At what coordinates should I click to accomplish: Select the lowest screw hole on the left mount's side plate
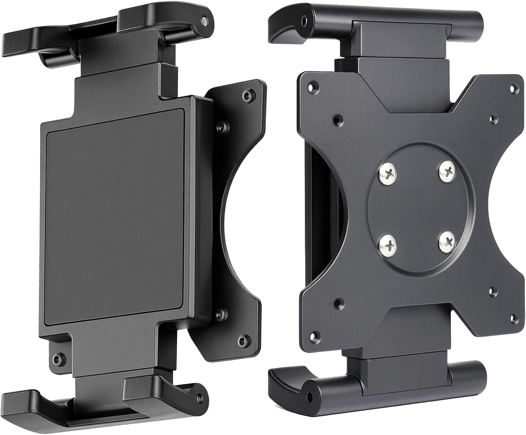[241, 340]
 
